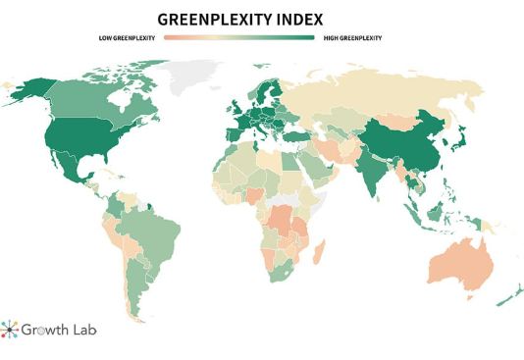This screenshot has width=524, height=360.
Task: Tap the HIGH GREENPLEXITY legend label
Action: (x=351, y=38)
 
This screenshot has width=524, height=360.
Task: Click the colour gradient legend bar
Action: (x=239, y=38)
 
